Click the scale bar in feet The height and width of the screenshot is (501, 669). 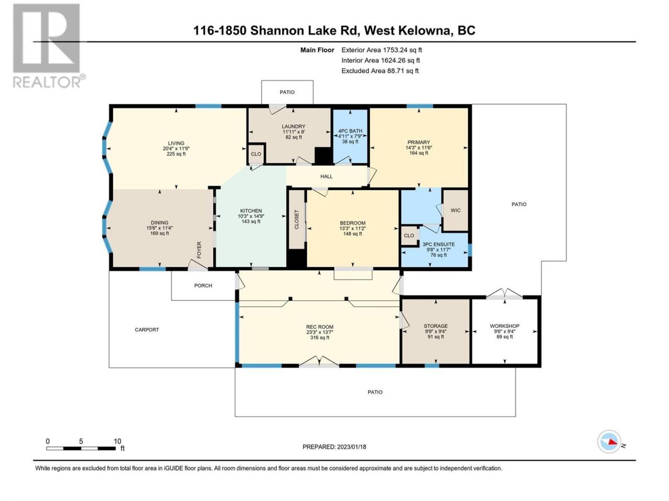coord(81,448)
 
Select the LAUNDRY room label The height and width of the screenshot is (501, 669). coord(293,126)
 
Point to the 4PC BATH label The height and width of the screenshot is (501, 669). coord(350,131)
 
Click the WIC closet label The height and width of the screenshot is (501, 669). coord(455,210)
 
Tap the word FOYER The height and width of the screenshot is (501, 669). coord(199,250)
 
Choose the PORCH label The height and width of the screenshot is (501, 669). coord(203,285)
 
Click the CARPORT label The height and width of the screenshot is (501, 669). coord(147,329)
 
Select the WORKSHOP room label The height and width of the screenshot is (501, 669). coord(504,326)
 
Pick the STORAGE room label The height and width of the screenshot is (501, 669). coord(435,326)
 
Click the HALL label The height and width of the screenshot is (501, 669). coord(327,176)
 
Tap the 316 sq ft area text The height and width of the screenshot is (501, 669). coord(320,337)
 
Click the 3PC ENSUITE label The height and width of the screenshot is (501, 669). coord(439,244)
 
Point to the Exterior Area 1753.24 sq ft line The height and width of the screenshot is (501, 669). coord(382,50)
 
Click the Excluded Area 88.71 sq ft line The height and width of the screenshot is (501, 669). coord(380,70)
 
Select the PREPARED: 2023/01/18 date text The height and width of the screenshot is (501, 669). coord(334,447)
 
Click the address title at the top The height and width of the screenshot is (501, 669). coord(334,31)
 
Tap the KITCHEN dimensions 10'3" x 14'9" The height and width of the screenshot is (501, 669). coord(251,216)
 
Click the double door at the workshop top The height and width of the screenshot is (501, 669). coord(504,293)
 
